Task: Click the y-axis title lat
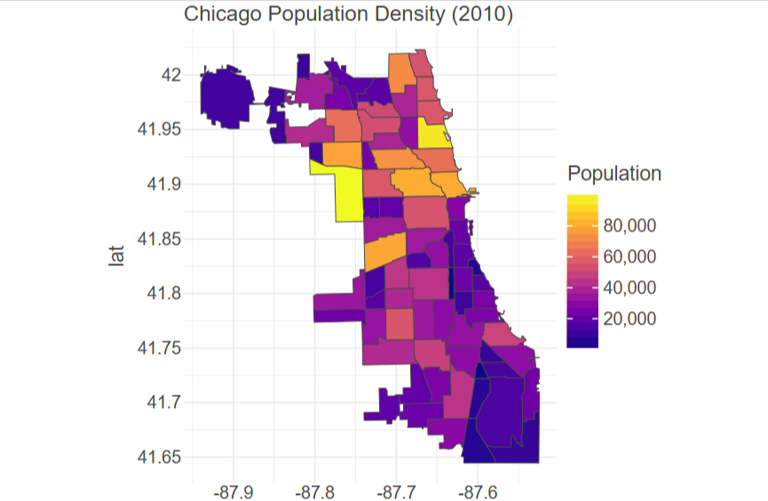pos(115,257)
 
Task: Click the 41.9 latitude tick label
pos(163,184)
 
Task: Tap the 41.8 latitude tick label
pos(163,294)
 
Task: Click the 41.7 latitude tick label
pos(163,403)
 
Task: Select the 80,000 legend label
pos(629,226)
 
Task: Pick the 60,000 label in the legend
pos(629,257)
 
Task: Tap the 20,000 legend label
pos(629,319)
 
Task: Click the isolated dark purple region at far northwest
pos(226,96)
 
